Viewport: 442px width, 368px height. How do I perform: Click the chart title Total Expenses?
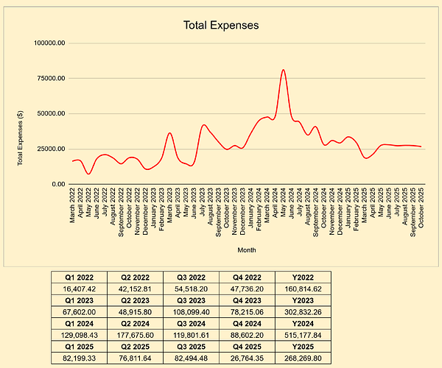coord(221,26)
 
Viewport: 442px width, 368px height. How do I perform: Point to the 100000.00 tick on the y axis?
coord(51,43)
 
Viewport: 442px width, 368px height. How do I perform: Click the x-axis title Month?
coord(247,250)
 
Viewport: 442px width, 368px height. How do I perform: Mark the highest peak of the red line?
coord(284,70)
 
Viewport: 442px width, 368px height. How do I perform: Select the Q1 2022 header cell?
coord(79,277)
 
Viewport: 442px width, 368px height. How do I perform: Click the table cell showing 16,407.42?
coord(79,289)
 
